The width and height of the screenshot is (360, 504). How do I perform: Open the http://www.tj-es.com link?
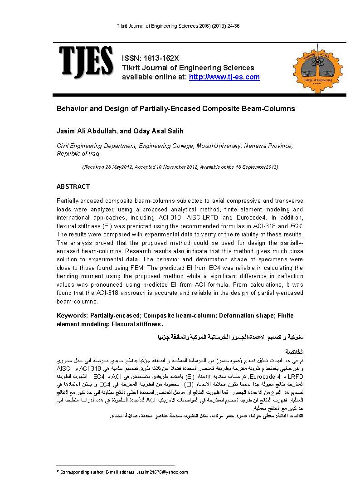pos(224,77)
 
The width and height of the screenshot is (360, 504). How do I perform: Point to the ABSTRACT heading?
pos(73,186)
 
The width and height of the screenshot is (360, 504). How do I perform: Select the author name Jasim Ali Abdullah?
pos(86,132)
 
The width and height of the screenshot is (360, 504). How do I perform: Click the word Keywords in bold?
pos(72,315)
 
